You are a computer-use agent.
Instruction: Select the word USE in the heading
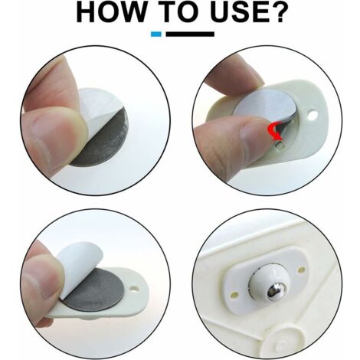(x=237, y=12)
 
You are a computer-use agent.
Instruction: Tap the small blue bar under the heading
(x=156, y=34)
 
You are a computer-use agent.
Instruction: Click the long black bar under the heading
(x=190, y=34)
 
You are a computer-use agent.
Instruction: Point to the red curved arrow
(x=275, y=130)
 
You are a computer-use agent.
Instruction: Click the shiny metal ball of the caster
(x=277, y=292)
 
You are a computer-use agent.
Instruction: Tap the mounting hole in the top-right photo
(x=313, y=115)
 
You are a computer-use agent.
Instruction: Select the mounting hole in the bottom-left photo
(x=134, y=290)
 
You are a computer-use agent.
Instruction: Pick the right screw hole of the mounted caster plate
(x=302, y=269)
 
